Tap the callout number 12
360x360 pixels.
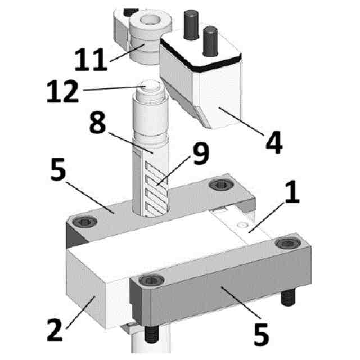(62, 91)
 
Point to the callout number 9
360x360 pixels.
(201, 153)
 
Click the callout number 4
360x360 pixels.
(274, 142)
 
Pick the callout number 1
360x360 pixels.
(292, 191)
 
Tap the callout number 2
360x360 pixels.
(55, 330)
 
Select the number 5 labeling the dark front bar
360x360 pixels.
(261, 334)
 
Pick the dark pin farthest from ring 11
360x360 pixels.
(210, 41)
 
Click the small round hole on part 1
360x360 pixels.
(242, 224)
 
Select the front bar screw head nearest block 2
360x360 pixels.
(151, 280)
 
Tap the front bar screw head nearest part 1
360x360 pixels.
(288, 243)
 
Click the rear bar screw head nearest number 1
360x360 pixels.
(221, 184)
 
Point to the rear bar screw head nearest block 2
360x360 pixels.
(85, 222)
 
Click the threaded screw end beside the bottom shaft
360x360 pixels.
(151, 335)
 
